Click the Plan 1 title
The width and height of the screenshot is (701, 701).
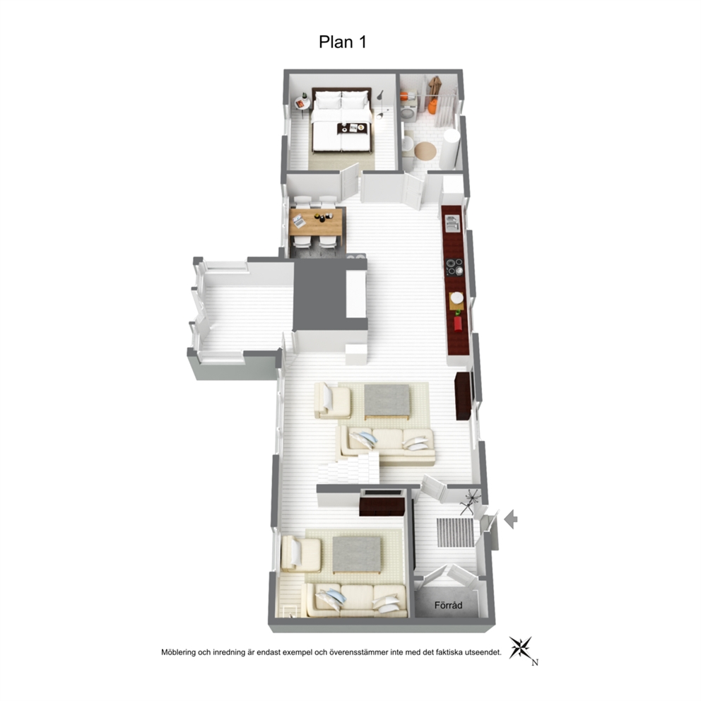[343, 42]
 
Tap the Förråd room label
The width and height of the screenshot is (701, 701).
[448, 606]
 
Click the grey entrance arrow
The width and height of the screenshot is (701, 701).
[510, 519]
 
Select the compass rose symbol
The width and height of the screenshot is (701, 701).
[522, 648]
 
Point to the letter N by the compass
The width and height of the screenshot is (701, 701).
[535, 663]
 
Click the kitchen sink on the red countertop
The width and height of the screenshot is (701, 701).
[452, 223]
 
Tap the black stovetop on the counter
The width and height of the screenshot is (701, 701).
[454, 267]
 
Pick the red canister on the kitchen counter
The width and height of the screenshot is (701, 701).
[458, 323]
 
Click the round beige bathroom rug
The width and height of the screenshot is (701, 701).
[425, 151]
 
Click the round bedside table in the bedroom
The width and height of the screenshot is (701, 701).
[301, 104]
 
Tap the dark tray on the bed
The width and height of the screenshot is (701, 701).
[353, 129]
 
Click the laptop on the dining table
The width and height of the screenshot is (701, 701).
[299, 221]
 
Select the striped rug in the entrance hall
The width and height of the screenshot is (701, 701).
[456, 532]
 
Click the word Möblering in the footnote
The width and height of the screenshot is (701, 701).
[178, 652]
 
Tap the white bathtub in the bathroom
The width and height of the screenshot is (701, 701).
[449, 149]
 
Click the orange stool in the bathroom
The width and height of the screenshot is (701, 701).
[432, 107]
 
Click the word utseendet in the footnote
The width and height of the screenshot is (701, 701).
[484, 652]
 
